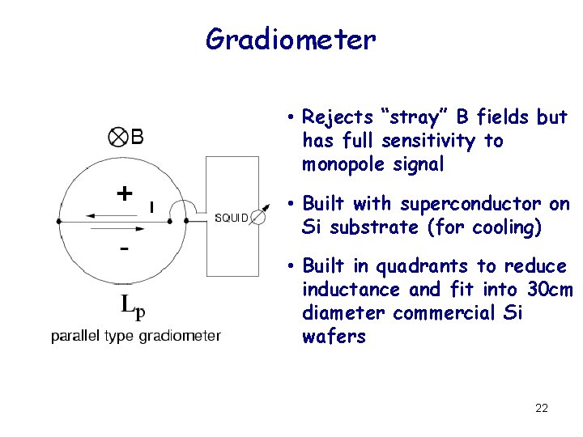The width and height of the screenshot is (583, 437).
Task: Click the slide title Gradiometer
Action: pos(291,38)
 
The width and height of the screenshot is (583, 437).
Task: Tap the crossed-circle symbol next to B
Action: pos(117,137)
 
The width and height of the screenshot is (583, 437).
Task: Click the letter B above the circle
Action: pos(138,137)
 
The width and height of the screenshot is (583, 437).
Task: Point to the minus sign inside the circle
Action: pos(123,248)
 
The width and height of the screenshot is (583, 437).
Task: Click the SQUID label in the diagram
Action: pos(232,217)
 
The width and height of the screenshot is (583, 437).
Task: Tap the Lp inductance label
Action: pos(134,306)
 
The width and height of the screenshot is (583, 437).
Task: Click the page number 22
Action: pos(542,408)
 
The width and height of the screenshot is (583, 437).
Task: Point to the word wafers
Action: pos(334,337)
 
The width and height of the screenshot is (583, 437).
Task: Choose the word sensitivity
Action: pos(429,141)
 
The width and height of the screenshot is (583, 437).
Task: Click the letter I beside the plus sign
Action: pos(151,207)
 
